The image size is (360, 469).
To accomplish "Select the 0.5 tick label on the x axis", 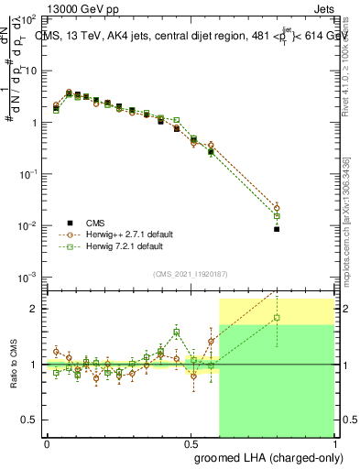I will (x=191, y=443).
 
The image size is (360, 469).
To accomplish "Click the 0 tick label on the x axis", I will (x=47, y=443).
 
